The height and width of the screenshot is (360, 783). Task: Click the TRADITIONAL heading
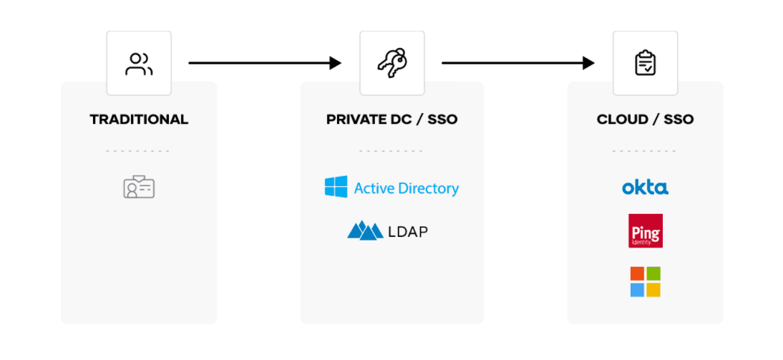[x=139, y=120]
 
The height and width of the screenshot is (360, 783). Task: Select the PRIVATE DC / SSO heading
[x=391, y=120]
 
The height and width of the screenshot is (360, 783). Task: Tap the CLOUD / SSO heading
[x=645, y=120]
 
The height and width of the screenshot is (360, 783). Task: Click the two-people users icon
[x=139, y=64]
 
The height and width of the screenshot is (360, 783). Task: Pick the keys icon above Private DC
[x=391, y=63]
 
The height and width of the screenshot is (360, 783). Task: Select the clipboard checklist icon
[x=645, y=63]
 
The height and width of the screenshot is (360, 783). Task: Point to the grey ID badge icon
[x=139, y=188]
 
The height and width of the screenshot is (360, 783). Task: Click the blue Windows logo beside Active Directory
[x=336, y=188]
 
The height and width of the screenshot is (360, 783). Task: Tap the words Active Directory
[x=406, y=188]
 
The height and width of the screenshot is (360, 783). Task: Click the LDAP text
[x=409, y=231]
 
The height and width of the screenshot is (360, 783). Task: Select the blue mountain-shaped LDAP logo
[x=365, y=230]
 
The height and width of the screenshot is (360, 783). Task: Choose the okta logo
[x=645, y=188]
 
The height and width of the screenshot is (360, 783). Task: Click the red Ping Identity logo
[x=645, y=230]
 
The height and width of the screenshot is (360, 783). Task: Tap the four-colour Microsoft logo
[x=645, y=282]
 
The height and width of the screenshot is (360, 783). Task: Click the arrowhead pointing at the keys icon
[x=336, y=63]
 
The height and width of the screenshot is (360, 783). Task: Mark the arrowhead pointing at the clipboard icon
[x=588, y=63]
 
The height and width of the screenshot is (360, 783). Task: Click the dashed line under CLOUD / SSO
[x=644, y=151]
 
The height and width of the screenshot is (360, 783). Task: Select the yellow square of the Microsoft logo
[x=653, y=290]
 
